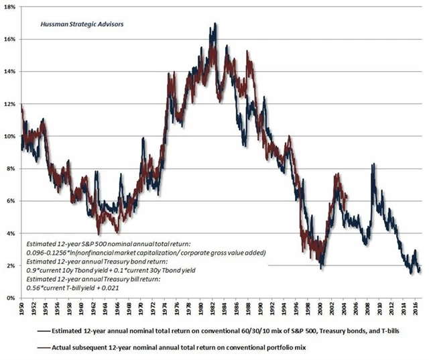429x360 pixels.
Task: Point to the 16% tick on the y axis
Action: point(13,39)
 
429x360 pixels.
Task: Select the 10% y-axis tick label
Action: point(13,136)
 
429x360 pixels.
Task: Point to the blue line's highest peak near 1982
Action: point(215,24)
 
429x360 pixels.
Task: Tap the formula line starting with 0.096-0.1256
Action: point(146,253)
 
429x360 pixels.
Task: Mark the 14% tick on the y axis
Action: point(13,71)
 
